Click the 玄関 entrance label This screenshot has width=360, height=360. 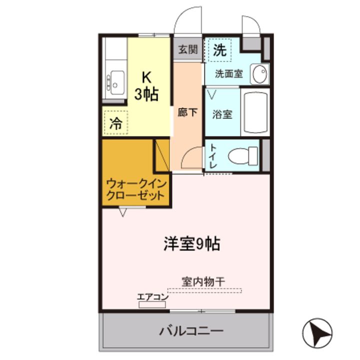pos(188,49)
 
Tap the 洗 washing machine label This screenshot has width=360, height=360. pos(219,50)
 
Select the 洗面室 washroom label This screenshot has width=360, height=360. pos(229,74)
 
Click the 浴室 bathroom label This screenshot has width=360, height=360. pos(222,113)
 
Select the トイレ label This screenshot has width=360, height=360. pos(213,156)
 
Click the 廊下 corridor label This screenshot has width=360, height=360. pos(187,112)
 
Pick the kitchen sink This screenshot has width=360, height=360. pos(116,82)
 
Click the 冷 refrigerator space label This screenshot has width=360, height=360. pos(115,123)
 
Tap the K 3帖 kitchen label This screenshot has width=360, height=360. pos(147,86)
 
